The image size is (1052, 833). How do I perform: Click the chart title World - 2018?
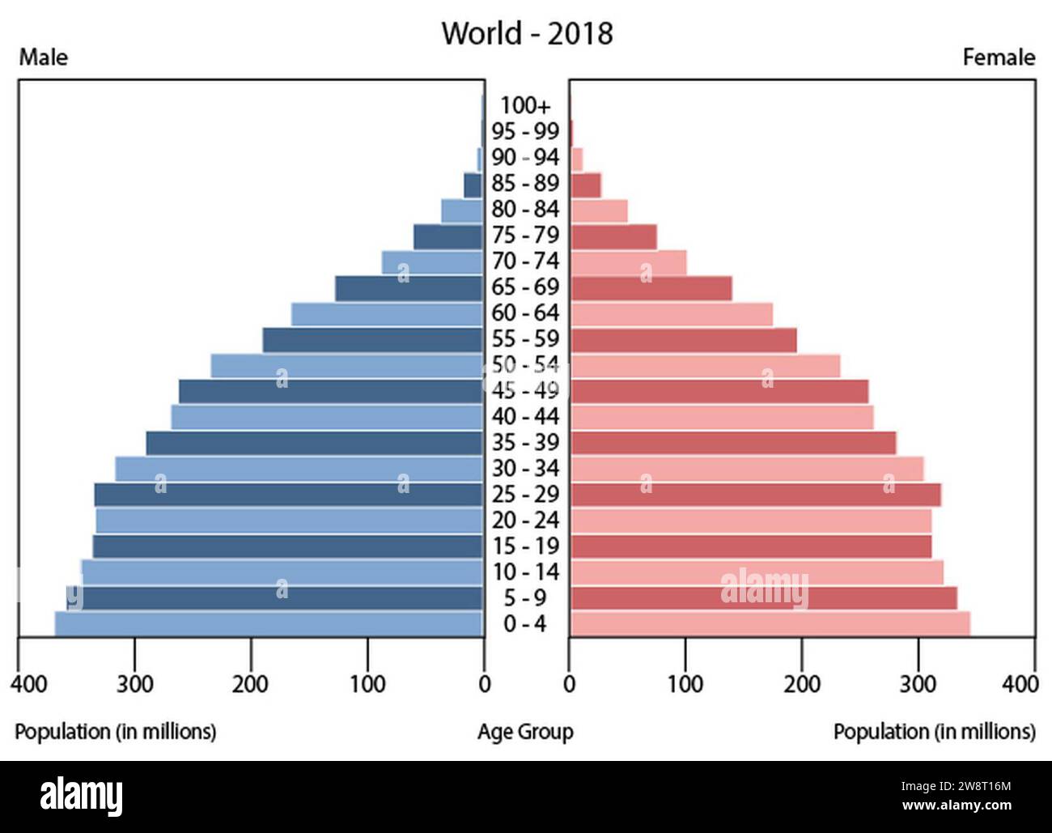coord(527,34)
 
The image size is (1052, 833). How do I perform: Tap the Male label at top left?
coord(44,57)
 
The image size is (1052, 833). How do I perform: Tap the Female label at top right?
coord(999,57)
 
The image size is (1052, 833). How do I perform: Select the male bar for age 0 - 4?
coord(269,624)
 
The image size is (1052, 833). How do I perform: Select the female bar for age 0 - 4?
coord(770,624)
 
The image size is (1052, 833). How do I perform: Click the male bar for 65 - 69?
coord(409,288)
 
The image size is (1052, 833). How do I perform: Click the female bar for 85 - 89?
coord(586,185)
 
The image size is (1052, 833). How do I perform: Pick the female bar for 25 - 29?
coord(755,495)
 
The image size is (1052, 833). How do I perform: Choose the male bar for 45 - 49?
coord(330,392)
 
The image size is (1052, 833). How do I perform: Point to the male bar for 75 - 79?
coord(448,236)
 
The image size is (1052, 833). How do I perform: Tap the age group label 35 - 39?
coord(525,443)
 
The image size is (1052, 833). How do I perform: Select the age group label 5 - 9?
coord(525,598)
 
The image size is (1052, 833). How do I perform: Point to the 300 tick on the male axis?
coord(134,684)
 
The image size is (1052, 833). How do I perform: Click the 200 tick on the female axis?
coord(802,684)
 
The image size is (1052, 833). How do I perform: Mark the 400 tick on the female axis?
coord(1020,684)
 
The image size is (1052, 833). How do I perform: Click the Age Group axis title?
coord(525,732)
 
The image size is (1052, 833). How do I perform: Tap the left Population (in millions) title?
coord(116,732)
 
